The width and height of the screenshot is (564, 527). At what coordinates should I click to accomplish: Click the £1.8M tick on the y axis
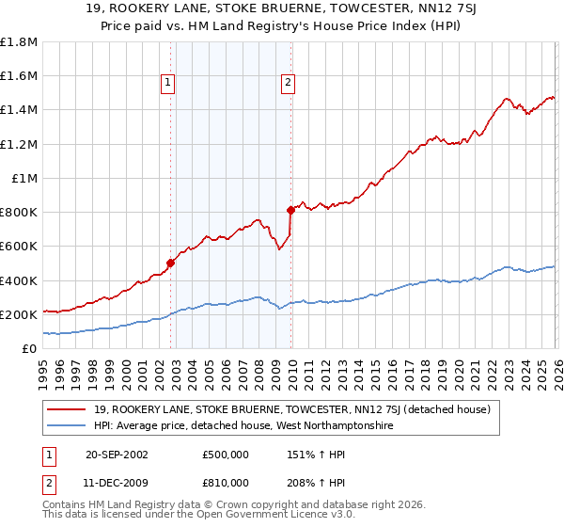(19, 42)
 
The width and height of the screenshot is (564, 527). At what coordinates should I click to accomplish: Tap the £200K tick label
(19, 314)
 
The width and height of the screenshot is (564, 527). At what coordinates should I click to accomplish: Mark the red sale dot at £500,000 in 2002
(170, 263)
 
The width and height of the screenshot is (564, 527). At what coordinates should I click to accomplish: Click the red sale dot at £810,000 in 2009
(290, 210)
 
